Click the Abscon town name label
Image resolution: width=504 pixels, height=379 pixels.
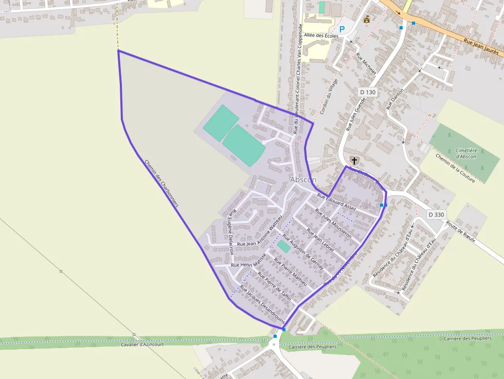303,179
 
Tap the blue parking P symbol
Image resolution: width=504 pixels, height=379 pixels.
342,30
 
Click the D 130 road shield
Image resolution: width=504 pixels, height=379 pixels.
368,92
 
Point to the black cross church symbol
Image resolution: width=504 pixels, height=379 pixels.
354,161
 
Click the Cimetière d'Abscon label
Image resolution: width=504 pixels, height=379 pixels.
466,153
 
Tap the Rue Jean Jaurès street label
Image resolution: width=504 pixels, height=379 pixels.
481,47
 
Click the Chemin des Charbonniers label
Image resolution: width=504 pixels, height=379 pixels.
161,183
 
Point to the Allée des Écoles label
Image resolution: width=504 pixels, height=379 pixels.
321,36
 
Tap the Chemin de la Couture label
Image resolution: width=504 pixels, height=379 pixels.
455,168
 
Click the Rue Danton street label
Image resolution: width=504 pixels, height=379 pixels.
395,98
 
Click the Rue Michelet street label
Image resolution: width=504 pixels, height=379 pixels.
366,63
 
